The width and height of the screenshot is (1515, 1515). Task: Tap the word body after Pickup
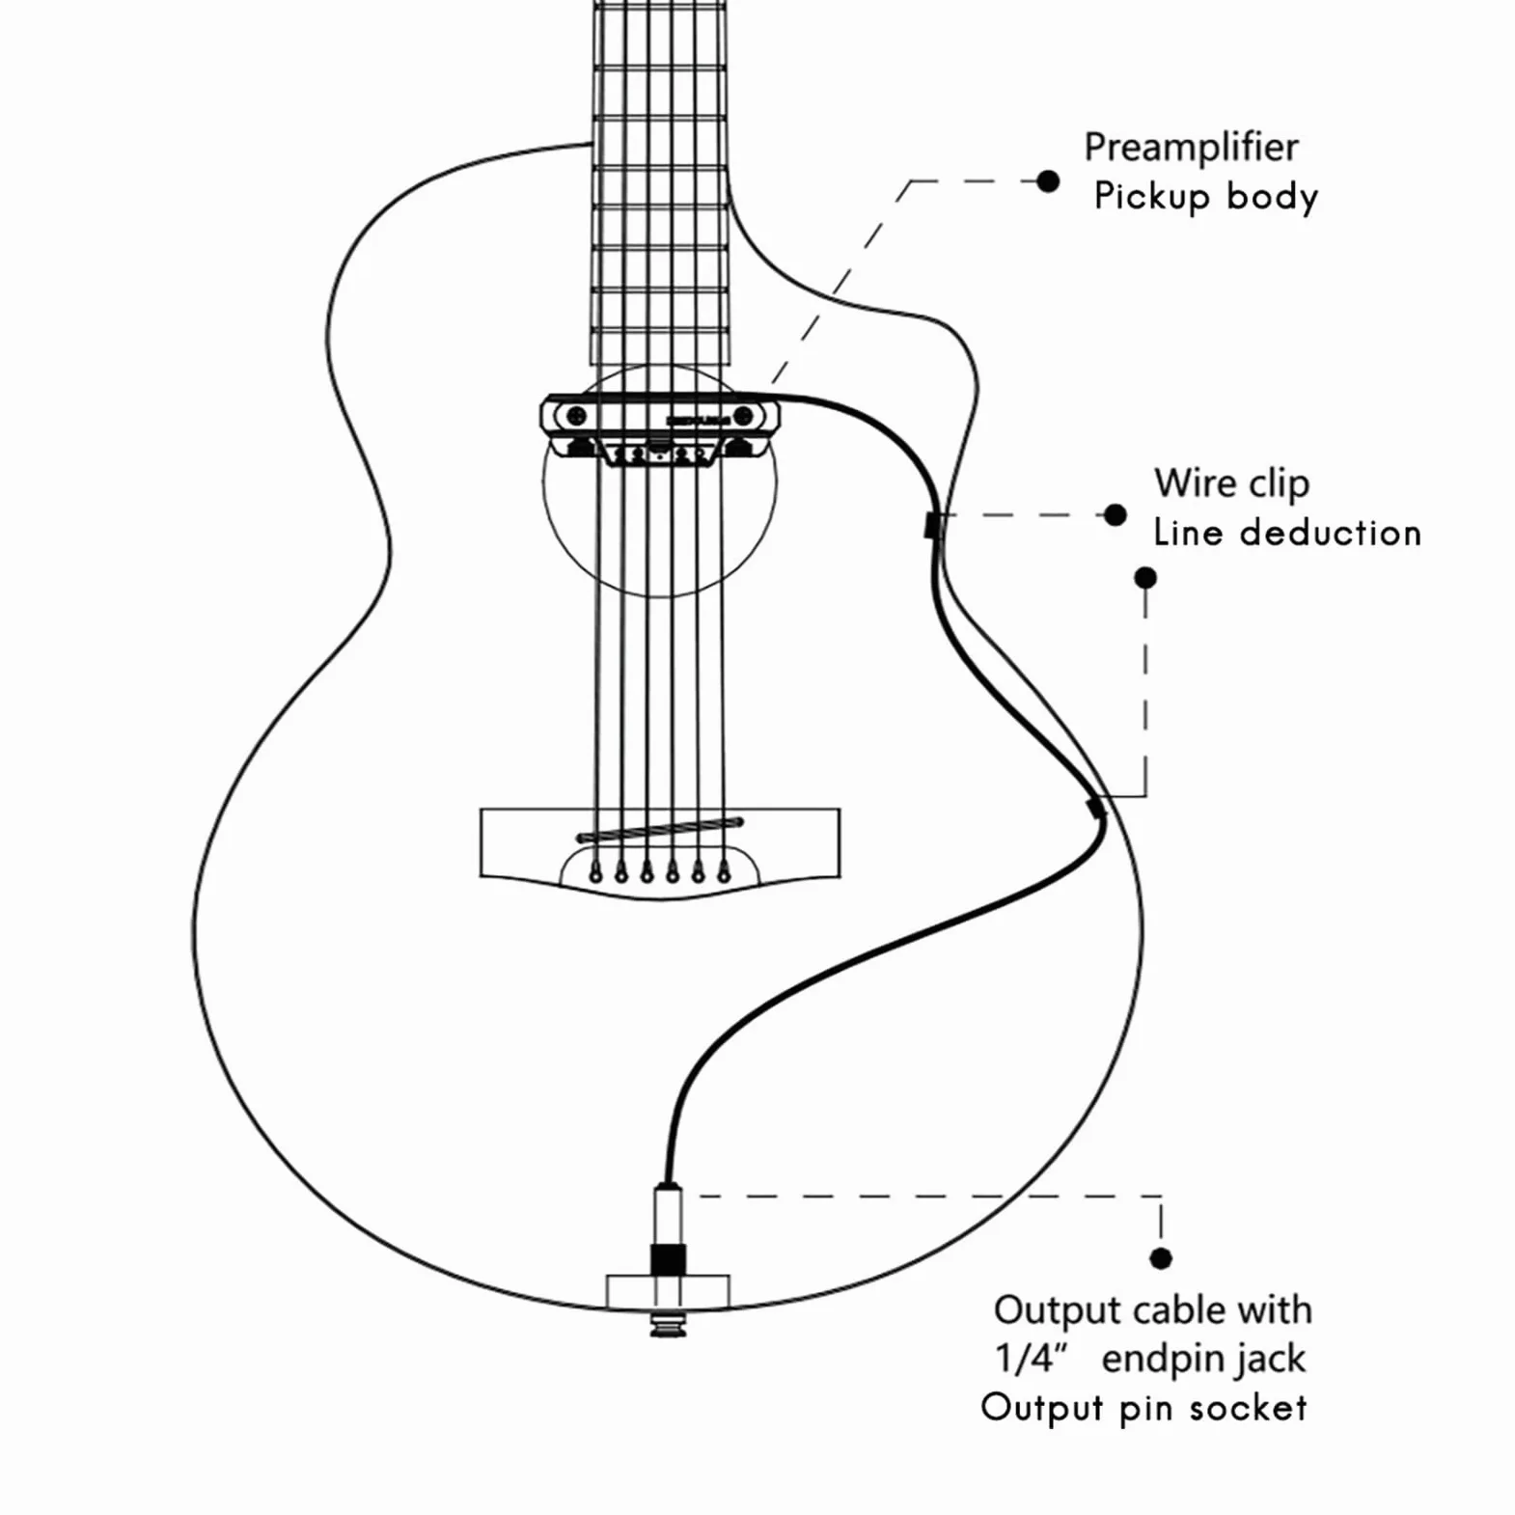pos(1272,198)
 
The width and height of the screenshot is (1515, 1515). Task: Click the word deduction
pos(1330,533)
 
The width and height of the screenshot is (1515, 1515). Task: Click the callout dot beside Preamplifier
pos(1048,181)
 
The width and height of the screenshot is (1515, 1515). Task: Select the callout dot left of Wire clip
pos(1115,515)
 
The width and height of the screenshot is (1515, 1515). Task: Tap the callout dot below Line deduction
pos(1145,578)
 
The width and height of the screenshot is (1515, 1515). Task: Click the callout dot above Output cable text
pos(1161,1258)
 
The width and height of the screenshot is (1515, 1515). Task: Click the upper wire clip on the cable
pos(932,526)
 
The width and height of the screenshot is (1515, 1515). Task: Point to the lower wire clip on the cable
pos(1095,807)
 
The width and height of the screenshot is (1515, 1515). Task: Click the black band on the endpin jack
pos(668,1258)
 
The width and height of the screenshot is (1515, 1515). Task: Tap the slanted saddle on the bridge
pos(660,830)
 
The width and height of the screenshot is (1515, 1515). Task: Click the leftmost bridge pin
pos(596,874)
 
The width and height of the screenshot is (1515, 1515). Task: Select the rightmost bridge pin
pos(724,873)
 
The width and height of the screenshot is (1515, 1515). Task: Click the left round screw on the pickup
pos(576,417)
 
